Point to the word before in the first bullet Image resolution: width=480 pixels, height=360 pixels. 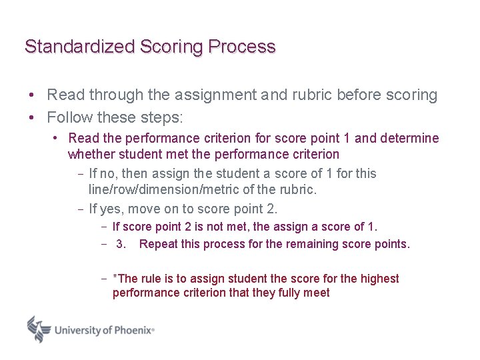point(357,95)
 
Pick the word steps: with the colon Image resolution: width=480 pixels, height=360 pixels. point(161,118)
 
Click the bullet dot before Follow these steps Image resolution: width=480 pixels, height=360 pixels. point(31,118)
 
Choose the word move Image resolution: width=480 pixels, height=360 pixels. point(144,209)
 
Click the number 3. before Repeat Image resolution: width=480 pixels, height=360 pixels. point(121,244)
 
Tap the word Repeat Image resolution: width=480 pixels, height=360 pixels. point(158,244)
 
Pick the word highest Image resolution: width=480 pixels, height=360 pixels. point(378,279)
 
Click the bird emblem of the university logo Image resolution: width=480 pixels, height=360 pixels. point(39,329)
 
